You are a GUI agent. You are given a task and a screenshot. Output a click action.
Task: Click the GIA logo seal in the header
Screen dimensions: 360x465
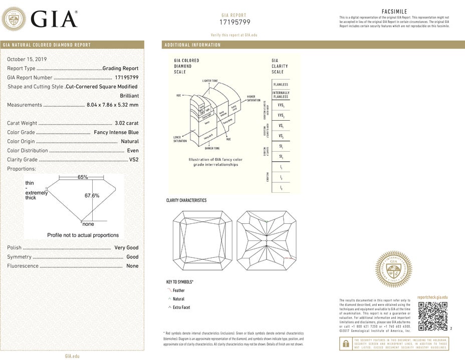coord(14,20)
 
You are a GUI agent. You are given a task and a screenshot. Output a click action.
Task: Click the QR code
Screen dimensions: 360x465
coord(432,316)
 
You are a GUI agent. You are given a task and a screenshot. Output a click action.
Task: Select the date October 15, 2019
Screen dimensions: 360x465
coord(26,59)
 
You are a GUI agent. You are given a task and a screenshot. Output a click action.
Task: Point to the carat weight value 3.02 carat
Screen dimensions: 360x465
coord(127,123)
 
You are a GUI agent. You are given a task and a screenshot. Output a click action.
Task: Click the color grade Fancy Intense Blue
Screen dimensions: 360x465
coord(116,132)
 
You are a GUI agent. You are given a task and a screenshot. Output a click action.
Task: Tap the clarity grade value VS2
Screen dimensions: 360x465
coord(134,160)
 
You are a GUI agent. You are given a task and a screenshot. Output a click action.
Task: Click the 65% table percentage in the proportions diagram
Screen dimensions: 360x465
coord(83,177)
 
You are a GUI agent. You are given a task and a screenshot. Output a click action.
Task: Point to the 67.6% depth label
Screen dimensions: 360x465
coord(92,196)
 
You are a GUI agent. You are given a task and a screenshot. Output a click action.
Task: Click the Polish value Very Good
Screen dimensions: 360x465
coord(126,248)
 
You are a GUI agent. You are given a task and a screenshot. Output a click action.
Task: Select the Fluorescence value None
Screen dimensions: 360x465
coord(132,266)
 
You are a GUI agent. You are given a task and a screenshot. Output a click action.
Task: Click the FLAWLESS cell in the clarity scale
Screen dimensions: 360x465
coord(280,85)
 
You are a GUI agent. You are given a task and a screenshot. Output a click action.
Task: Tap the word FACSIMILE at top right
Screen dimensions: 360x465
coord(394,12)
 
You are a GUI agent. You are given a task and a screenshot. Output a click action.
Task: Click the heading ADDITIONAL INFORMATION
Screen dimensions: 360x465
coord(192,45)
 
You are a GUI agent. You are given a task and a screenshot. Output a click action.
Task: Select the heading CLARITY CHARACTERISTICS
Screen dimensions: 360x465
coord(186,200)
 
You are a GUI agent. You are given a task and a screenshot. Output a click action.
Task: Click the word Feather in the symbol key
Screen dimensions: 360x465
coord(178,290)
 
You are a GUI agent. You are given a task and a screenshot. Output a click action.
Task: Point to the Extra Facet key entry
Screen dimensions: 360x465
coord(181,307)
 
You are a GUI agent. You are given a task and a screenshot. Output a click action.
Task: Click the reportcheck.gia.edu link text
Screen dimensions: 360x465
coord(432,297)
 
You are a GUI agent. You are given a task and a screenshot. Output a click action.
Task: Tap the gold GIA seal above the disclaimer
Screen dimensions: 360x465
coord(394,269)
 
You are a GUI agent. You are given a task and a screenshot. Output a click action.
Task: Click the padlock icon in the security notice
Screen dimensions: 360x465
coord(345,343)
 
